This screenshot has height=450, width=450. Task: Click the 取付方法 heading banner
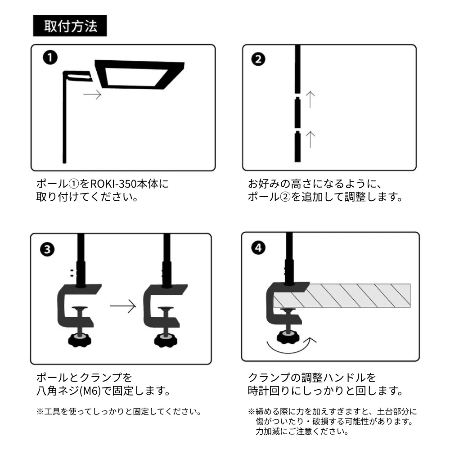(70, 26)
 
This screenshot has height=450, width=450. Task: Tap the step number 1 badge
(50, 58)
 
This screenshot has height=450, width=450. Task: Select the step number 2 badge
(258, 59)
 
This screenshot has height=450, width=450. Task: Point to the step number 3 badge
(47, 249)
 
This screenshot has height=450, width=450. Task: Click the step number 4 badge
(258, 247)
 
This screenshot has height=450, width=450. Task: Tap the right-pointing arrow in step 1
(92, 94)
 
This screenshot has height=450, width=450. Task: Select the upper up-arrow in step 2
(310, 99)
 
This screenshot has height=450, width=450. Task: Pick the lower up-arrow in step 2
(310, 139)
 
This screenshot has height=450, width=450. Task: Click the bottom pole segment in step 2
(297, 147)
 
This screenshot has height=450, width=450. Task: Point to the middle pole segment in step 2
(297, 112)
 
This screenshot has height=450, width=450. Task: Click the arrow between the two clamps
(123, 306)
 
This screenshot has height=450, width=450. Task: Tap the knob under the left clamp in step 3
(80, 340)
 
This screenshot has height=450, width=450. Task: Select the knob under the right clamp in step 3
(166, 340)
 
